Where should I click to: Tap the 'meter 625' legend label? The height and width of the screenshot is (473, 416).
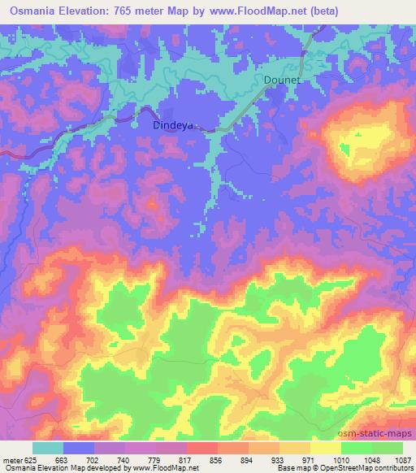(19, 460)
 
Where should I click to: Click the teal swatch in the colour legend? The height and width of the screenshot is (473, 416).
(48, 448)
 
